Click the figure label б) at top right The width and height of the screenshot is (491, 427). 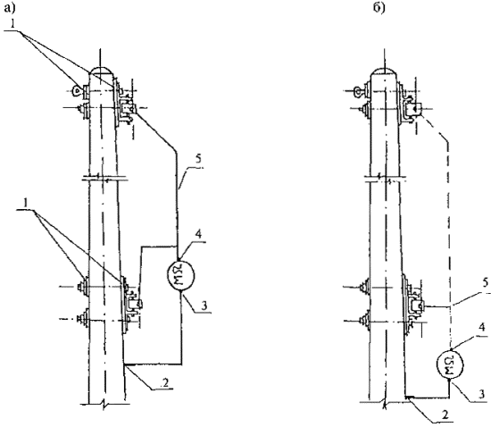coord(379,8)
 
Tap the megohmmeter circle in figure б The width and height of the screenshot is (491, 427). coord(449,364)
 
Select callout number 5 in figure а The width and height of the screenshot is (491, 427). coord(197,159)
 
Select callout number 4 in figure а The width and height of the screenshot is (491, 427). coord(198,234)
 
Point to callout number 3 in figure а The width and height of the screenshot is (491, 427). coord(204,306)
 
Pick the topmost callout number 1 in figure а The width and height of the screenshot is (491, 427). coord(12,25)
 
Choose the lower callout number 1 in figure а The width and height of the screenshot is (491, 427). coord(27,204)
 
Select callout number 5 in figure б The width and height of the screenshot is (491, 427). coord(485,283)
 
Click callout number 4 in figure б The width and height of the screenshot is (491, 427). coord(482,328)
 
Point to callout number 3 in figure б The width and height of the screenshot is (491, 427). coord(483,393)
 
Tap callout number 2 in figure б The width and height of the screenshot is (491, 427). coord(445,414)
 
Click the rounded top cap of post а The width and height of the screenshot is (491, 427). coord(101,71)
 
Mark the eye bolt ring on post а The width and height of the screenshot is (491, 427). coord(76,91)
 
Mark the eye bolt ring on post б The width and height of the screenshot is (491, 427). coord(356,91)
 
